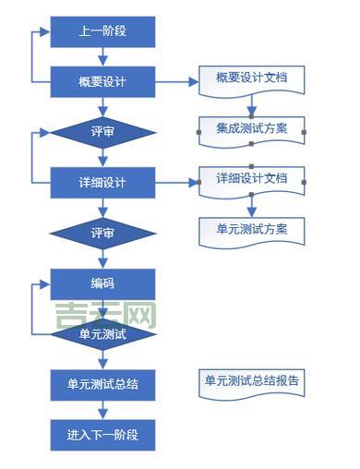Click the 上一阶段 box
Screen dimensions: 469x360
(102, 31)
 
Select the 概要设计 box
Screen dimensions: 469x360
(102, 81)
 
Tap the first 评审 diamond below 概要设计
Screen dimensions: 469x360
(102, 131)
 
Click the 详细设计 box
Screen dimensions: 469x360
(102, 181)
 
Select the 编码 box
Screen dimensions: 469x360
(102, 283)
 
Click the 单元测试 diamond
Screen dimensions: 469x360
(102, 333)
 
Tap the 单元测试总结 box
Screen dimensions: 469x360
(102, 383)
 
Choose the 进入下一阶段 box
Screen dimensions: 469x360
(102, 433)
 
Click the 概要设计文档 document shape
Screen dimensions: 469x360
(251, 78)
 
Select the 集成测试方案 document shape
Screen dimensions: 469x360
(251, 128)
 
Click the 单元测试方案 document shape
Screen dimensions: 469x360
(251, 228)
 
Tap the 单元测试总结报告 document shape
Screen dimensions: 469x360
(251, 379)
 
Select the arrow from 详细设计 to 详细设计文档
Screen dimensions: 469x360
(176, 182)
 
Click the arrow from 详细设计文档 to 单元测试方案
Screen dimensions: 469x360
(251, 205)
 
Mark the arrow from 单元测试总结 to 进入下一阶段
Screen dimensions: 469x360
(102, 409)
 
